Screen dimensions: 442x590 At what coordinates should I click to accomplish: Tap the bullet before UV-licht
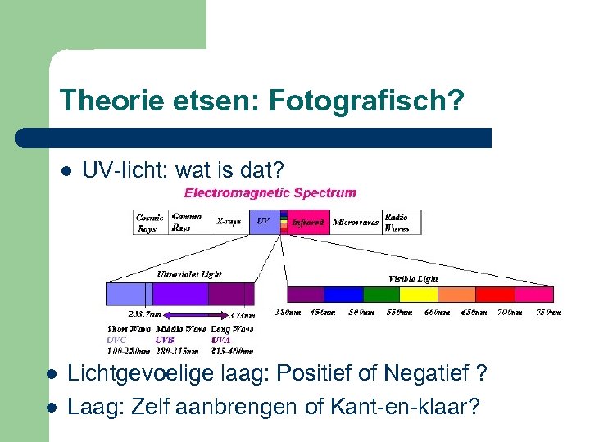tap(66, 172)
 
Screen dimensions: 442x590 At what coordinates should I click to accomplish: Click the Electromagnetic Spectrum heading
tap(270, 194)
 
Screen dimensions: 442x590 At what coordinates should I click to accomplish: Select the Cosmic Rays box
tap(151, 223)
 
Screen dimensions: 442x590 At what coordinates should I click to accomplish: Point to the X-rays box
tap(230, 222)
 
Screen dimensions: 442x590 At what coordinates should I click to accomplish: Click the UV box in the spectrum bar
tap(263, 222)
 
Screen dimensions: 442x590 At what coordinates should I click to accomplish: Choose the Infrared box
tap(308, 223)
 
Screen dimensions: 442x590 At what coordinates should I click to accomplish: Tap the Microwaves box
tap(356, 223)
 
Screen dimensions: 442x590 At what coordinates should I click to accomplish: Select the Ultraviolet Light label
tap(189, 274)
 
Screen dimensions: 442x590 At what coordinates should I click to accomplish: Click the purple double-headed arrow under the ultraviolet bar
tap(193, 314)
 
